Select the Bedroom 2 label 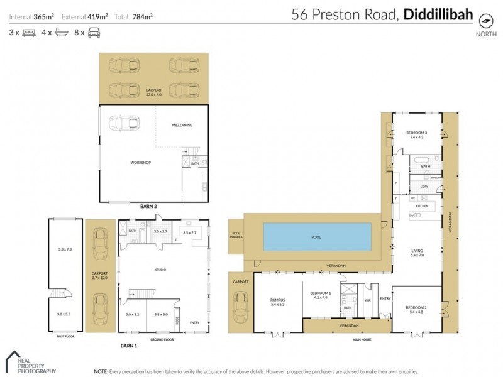click(x=417, y=309)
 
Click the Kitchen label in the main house click(x=423, y=206)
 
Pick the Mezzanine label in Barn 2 click(x=182, y=126)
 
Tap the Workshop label click(x=141, y=163)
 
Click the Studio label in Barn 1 click(x=160, y=270)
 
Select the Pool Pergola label click(x=236, y=234)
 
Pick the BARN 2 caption click(x=148, y=205)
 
